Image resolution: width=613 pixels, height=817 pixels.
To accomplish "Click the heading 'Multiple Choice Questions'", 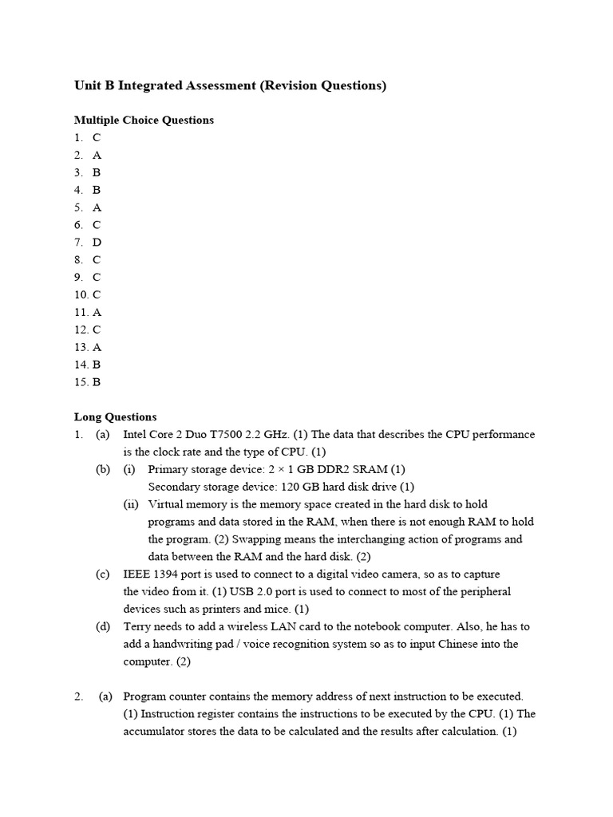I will (144, 120).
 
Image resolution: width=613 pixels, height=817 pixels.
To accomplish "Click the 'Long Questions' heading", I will (115, 416).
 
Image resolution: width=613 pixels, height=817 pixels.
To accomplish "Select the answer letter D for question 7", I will (97, 242).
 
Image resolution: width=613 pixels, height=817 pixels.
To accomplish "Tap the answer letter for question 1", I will (97, 137).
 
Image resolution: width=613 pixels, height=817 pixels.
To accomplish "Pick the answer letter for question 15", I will (97, 381).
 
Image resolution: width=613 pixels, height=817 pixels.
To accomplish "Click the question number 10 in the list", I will (81, 294).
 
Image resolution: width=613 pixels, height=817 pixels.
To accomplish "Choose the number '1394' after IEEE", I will (168, 574).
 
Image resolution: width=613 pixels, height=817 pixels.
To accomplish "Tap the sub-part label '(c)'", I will (103, 574).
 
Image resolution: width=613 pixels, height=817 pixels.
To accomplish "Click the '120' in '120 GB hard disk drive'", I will (281, 487).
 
